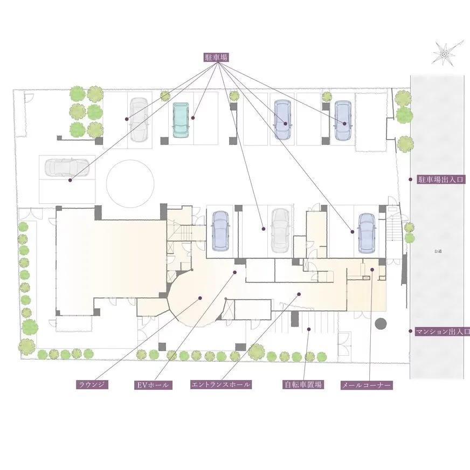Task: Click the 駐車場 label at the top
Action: tap(216, 58)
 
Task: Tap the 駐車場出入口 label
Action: tap(441, 180)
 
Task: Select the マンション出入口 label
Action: tap(443, 331)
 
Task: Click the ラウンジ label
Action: tap(92, 385)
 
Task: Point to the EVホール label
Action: tap(153, 385)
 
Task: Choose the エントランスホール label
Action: tap(220, 385)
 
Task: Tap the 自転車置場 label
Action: tap(303, 385)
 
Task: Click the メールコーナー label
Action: tap(367, 385)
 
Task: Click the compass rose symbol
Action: tap(445, 53)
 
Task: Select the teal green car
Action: tap(181, 120)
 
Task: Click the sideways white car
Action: tap(67, 167)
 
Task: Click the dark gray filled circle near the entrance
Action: tap(381, 324)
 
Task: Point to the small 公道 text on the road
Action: tap(438, 252)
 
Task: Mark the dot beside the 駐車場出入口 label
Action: tap(410, 179)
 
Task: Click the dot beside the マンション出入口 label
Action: tap(410, 331)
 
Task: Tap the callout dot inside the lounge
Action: tap(200, 298)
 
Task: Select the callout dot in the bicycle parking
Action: tap(308, 329)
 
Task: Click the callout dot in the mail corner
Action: tap(372, 269)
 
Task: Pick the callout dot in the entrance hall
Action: tap(299, 294)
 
